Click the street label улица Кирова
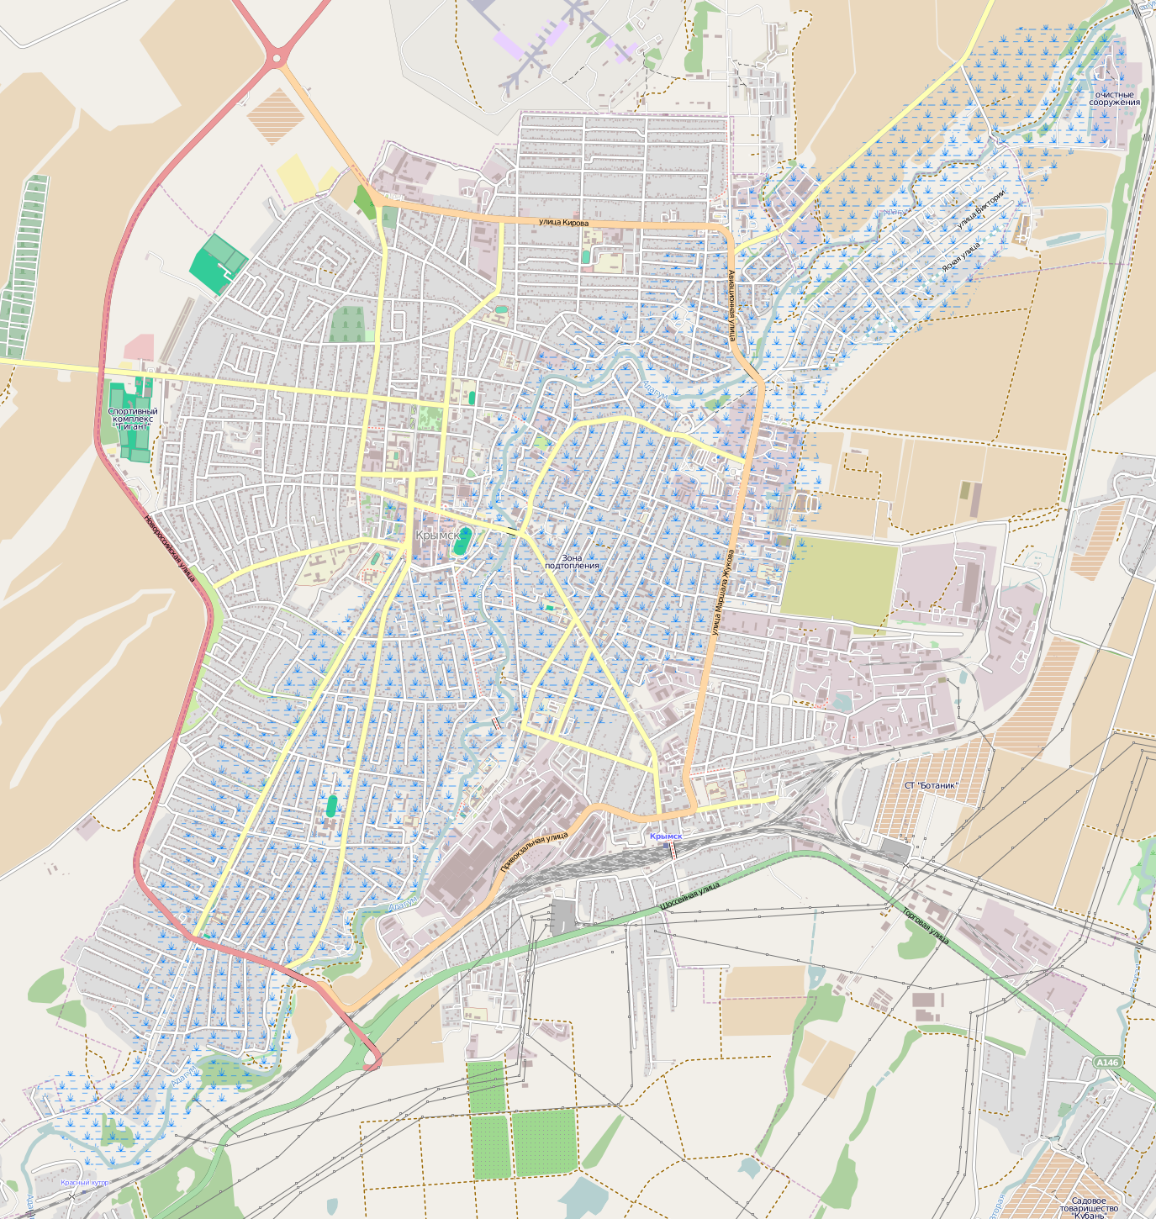(x=563, y=222)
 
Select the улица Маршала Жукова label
(x=721, y=592)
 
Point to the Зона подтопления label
(x=572, y=562)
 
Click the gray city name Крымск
(x=438, y=535)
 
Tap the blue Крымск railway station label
(x=666, y=836)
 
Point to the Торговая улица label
(x=926, y=925)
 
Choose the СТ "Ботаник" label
(x=931, y=785)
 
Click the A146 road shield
(x=1107, y=1063)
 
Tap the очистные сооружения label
(x=1115, y=98)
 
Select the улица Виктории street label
(x=980, y=209)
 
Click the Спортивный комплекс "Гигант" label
(x=132, y=419)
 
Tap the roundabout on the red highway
(x=276, y=59)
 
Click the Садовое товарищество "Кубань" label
(x=1095, y=1206)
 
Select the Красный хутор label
(x=85, y=1182)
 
